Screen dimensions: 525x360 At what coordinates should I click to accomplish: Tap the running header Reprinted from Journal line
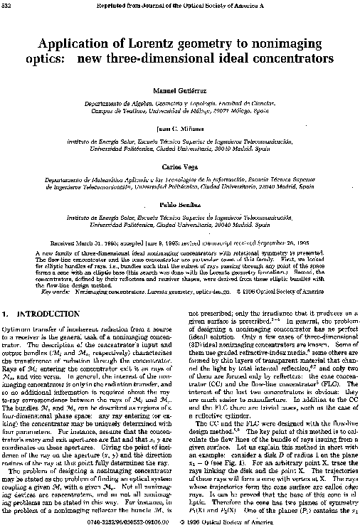tap(180, 6)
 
